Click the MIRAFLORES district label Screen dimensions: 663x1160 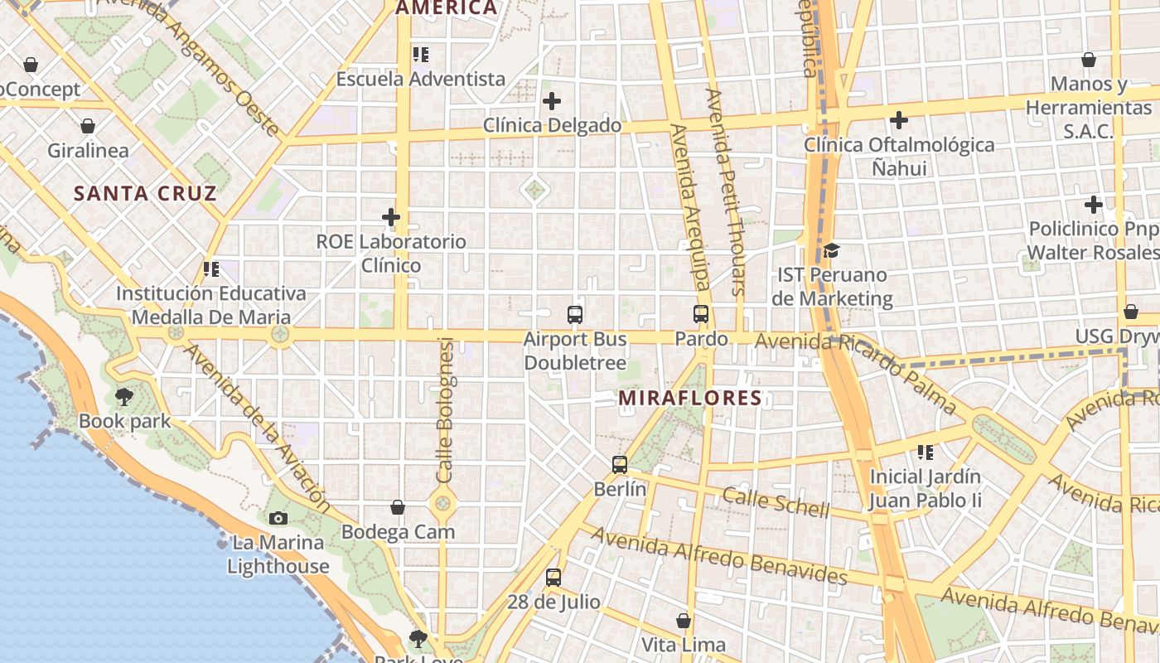[x=690, y=398]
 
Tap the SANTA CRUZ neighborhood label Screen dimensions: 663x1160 [x=145, y=194]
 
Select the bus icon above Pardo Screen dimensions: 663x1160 [x=701, y=314]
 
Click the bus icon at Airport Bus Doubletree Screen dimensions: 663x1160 [x=575, y=314]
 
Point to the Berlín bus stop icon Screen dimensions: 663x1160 [x=620, y=465]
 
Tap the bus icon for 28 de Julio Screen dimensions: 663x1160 [x=553, y=577]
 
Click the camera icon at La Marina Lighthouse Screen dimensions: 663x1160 [x=278, y=519]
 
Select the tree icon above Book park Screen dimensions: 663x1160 [x=124, y=396]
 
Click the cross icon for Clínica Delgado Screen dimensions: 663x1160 [x=552, y=101]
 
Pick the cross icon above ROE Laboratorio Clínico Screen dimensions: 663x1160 [x=391, y=217]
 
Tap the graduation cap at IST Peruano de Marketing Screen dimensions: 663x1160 [x=831, y=250]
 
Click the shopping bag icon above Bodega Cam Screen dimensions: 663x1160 [x=398, y=507]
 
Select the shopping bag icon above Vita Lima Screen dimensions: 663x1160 [x=684, y=620]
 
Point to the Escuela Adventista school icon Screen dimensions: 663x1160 [x=421, y=55]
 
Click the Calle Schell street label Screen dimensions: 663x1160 [x=775, y=502]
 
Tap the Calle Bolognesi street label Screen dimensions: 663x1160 [x=445, y=410]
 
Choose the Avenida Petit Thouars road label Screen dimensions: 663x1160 [x=724, y=191]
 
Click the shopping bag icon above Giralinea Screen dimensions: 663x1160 [x=88, y=126]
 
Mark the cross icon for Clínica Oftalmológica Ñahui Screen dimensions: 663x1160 [x=899, y=120]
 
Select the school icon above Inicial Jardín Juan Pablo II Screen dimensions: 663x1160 [x=926, y=452]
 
